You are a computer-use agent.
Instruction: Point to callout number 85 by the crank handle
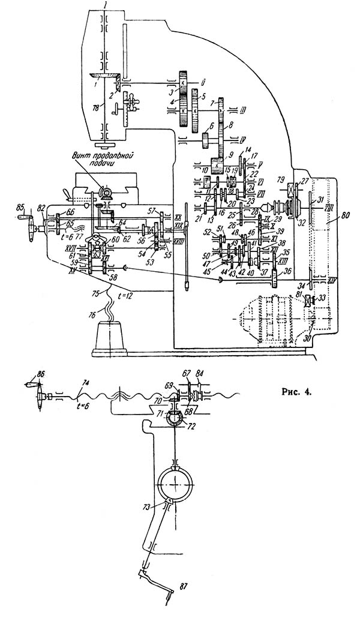point(21,208)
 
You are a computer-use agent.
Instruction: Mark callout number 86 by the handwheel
point(41,373)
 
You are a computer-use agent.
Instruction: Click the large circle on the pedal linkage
point(175,480)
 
